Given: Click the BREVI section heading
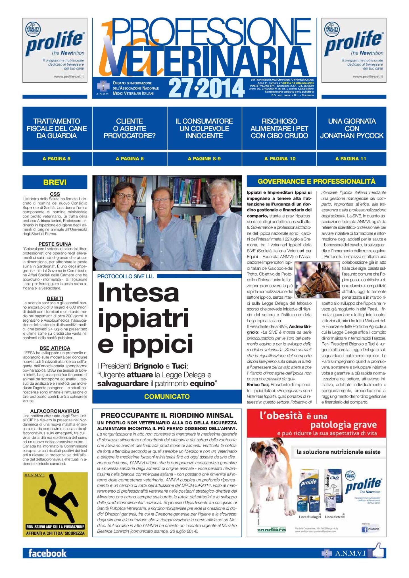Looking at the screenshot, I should pos(55,182).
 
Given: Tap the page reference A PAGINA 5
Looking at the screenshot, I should pos(56,159).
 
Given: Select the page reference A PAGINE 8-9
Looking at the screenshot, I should pos(204,159).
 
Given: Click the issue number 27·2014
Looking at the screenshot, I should pos(206,88).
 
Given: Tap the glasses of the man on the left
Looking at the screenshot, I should pos(124,196).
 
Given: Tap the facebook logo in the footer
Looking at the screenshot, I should pos(47,553).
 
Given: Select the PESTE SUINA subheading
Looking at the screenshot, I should pos(55,244).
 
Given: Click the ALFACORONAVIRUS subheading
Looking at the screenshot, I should pos(55,411).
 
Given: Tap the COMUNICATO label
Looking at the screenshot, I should pos(167,397).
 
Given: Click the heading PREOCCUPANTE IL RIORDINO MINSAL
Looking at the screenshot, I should pos(167,415).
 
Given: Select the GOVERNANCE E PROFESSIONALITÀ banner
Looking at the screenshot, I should pos(316,181).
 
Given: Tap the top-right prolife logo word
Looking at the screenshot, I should pos(354,43).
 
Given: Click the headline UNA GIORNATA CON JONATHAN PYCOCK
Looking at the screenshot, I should pos(352,128).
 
